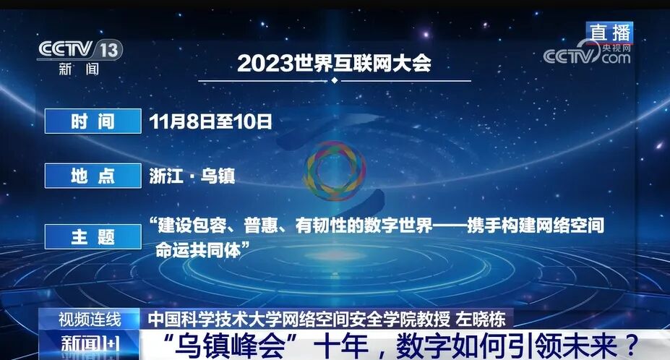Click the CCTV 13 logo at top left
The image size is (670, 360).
point(80,50)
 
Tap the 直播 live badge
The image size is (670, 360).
point(609,32)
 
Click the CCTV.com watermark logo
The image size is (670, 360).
point(587,56)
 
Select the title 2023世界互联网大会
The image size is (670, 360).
point(334,63)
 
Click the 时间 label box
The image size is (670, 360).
point(93,121)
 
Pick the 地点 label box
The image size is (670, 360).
point(93,176)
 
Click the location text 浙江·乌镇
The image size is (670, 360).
point(192,176)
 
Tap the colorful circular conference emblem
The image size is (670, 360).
point(333,171)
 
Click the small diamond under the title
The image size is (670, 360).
point(334,80)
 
